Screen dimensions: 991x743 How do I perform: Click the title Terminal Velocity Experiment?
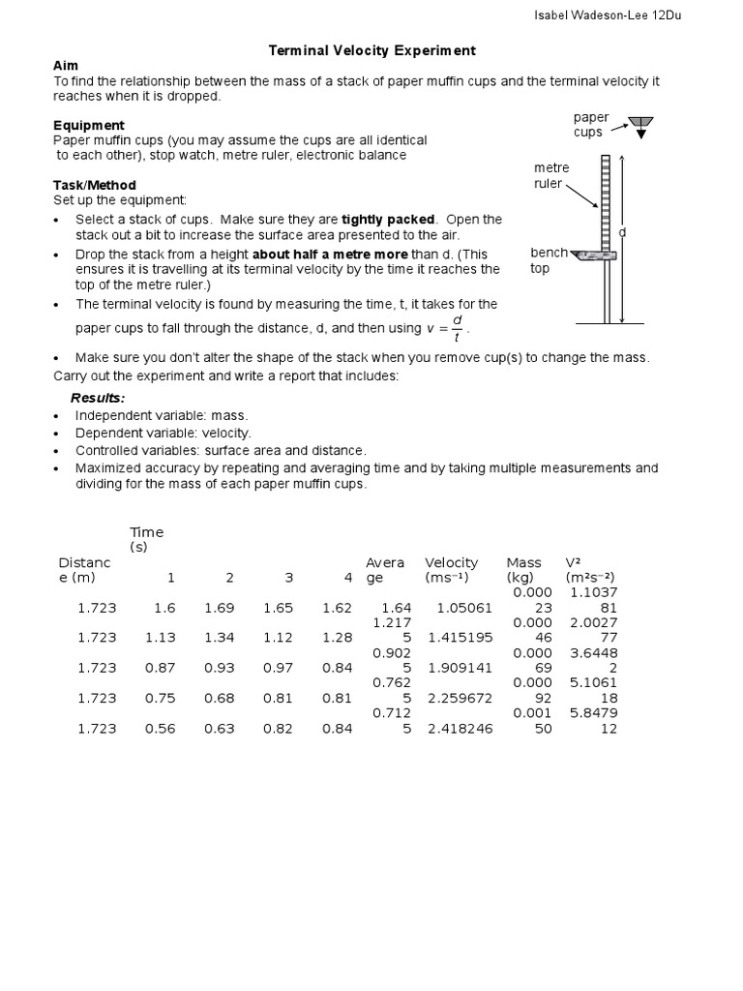pos(371,50)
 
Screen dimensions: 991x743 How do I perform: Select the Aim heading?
pos(65,64)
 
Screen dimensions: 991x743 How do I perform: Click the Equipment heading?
pos(89,126)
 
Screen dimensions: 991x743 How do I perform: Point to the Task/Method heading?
pos(95,185)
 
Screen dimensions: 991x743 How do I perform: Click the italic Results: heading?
pos(98,399)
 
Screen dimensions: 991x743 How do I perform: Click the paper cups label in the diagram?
pos(591,125)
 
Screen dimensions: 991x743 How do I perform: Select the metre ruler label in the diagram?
pos(551,175)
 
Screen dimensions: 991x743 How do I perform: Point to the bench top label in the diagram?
pos(548,260)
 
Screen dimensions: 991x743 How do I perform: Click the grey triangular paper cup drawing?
pos(639,123)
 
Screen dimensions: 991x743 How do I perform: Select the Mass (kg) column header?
pos(523,570)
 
